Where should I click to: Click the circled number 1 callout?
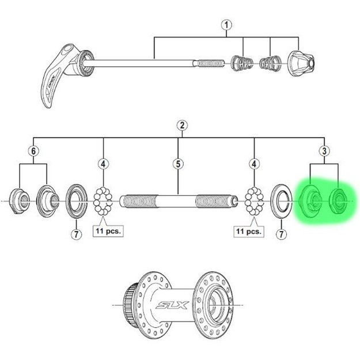click(x=226, y=25)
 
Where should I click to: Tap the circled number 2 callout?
click(x=181, y=126)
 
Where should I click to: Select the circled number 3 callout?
click(x=324, y=151)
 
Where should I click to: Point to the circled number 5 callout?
click(x=178, y=164)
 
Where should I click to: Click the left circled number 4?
click(x=104, y=164)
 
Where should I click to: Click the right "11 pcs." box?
click(x=247, y=232)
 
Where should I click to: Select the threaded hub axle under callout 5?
click(x=179, y=202)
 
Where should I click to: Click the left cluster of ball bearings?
click(x=104, y=201)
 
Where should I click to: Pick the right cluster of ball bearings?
click(x=253, y=201)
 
